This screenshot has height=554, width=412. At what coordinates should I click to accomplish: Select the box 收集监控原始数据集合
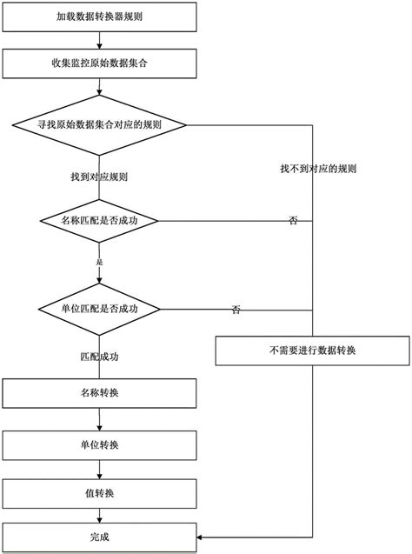102,63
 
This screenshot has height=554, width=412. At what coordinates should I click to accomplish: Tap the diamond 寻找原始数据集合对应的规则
100,123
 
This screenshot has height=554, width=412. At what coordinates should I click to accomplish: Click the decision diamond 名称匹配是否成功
100,221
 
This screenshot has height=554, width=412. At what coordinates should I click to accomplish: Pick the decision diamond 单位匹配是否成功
100,309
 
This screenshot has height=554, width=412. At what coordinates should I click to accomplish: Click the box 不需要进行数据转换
312,351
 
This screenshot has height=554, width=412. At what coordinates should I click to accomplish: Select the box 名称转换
100,393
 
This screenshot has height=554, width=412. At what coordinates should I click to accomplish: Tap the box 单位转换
100,444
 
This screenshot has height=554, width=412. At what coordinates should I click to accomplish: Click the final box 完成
100,536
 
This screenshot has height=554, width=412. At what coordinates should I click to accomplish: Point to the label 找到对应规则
100,177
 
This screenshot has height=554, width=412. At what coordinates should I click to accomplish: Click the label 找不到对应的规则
317,168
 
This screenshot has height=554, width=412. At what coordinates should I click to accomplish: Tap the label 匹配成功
100,357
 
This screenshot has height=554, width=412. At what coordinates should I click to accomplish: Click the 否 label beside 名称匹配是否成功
293,222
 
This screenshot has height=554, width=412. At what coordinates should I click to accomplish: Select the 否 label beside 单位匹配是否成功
236,310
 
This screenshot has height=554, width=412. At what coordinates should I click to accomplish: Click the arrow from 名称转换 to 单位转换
100,419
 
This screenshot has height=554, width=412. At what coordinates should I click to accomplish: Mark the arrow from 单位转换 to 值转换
100,470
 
